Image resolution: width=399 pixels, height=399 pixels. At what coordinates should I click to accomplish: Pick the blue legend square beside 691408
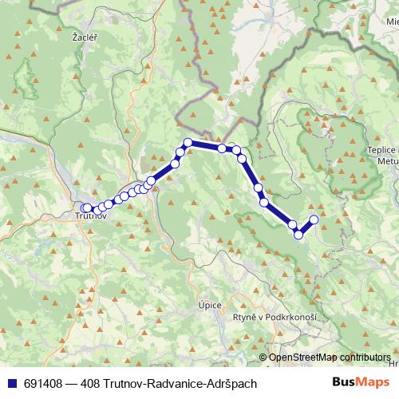pyautogui.click(x=13, y=384)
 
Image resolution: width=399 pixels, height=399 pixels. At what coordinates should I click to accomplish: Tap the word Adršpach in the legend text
pyautogui.click(x=233, y=384)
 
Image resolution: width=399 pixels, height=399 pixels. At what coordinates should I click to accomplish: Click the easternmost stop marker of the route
pyautogui.click(x=314, y=219)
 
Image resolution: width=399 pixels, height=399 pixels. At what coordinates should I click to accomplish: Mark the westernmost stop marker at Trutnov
pyautogui.click(x=85, y=208)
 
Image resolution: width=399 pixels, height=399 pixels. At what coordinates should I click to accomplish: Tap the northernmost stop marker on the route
pyautogui.click(x=188, y=143)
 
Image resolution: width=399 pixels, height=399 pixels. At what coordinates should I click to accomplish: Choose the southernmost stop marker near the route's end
pyautogui.click(x=299, y=234)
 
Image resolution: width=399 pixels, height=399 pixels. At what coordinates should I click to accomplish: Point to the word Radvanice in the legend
pyautogui.click(x=179, y=384)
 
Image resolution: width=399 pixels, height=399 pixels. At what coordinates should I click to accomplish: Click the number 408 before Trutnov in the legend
pyautogui.click(x=93, y=384)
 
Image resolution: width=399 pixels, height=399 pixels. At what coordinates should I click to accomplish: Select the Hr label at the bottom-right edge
pyautogui.click(x=393, y=364)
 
